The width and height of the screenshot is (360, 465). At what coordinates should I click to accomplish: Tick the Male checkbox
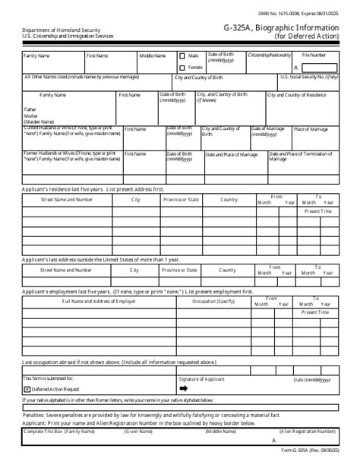coord(182,56)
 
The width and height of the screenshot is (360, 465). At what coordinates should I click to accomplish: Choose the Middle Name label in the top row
coord(153,55)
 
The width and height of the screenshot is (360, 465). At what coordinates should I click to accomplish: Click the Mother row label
coord(32,115)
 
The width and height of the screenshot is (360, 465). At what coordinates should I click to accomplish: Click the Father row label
coord(31,109)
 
